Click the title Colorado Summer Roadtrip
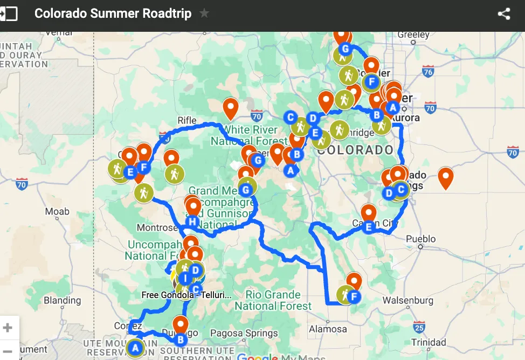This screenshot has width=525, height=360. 113,13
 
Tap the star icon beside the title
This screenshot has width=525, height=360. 204,13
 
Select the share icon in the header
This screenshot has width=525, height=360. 504,14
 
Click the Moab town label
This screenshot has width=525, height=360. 57,211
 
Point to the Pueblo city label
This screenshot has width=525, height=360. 421,239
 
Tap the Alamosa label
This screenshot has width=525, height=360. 328,329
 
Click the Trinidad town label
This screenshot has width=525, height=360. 429,342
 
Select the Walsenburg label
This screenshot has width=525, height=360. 408,300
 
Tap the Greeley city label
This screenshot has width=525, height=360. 413,34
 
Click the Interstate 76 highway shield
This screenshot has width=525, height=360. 429,71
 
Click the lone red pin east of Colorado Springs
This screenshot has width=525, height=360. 445,177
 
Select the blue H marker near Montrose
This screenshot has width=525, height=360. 192,221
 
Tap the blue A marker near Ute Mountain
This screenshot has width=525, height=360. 135,348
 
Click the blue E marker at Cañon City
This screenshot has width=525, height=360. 369,227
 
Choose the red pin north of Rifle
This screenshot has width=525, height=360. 231,107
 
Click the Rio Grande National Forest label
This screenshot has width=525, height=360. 273,300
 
